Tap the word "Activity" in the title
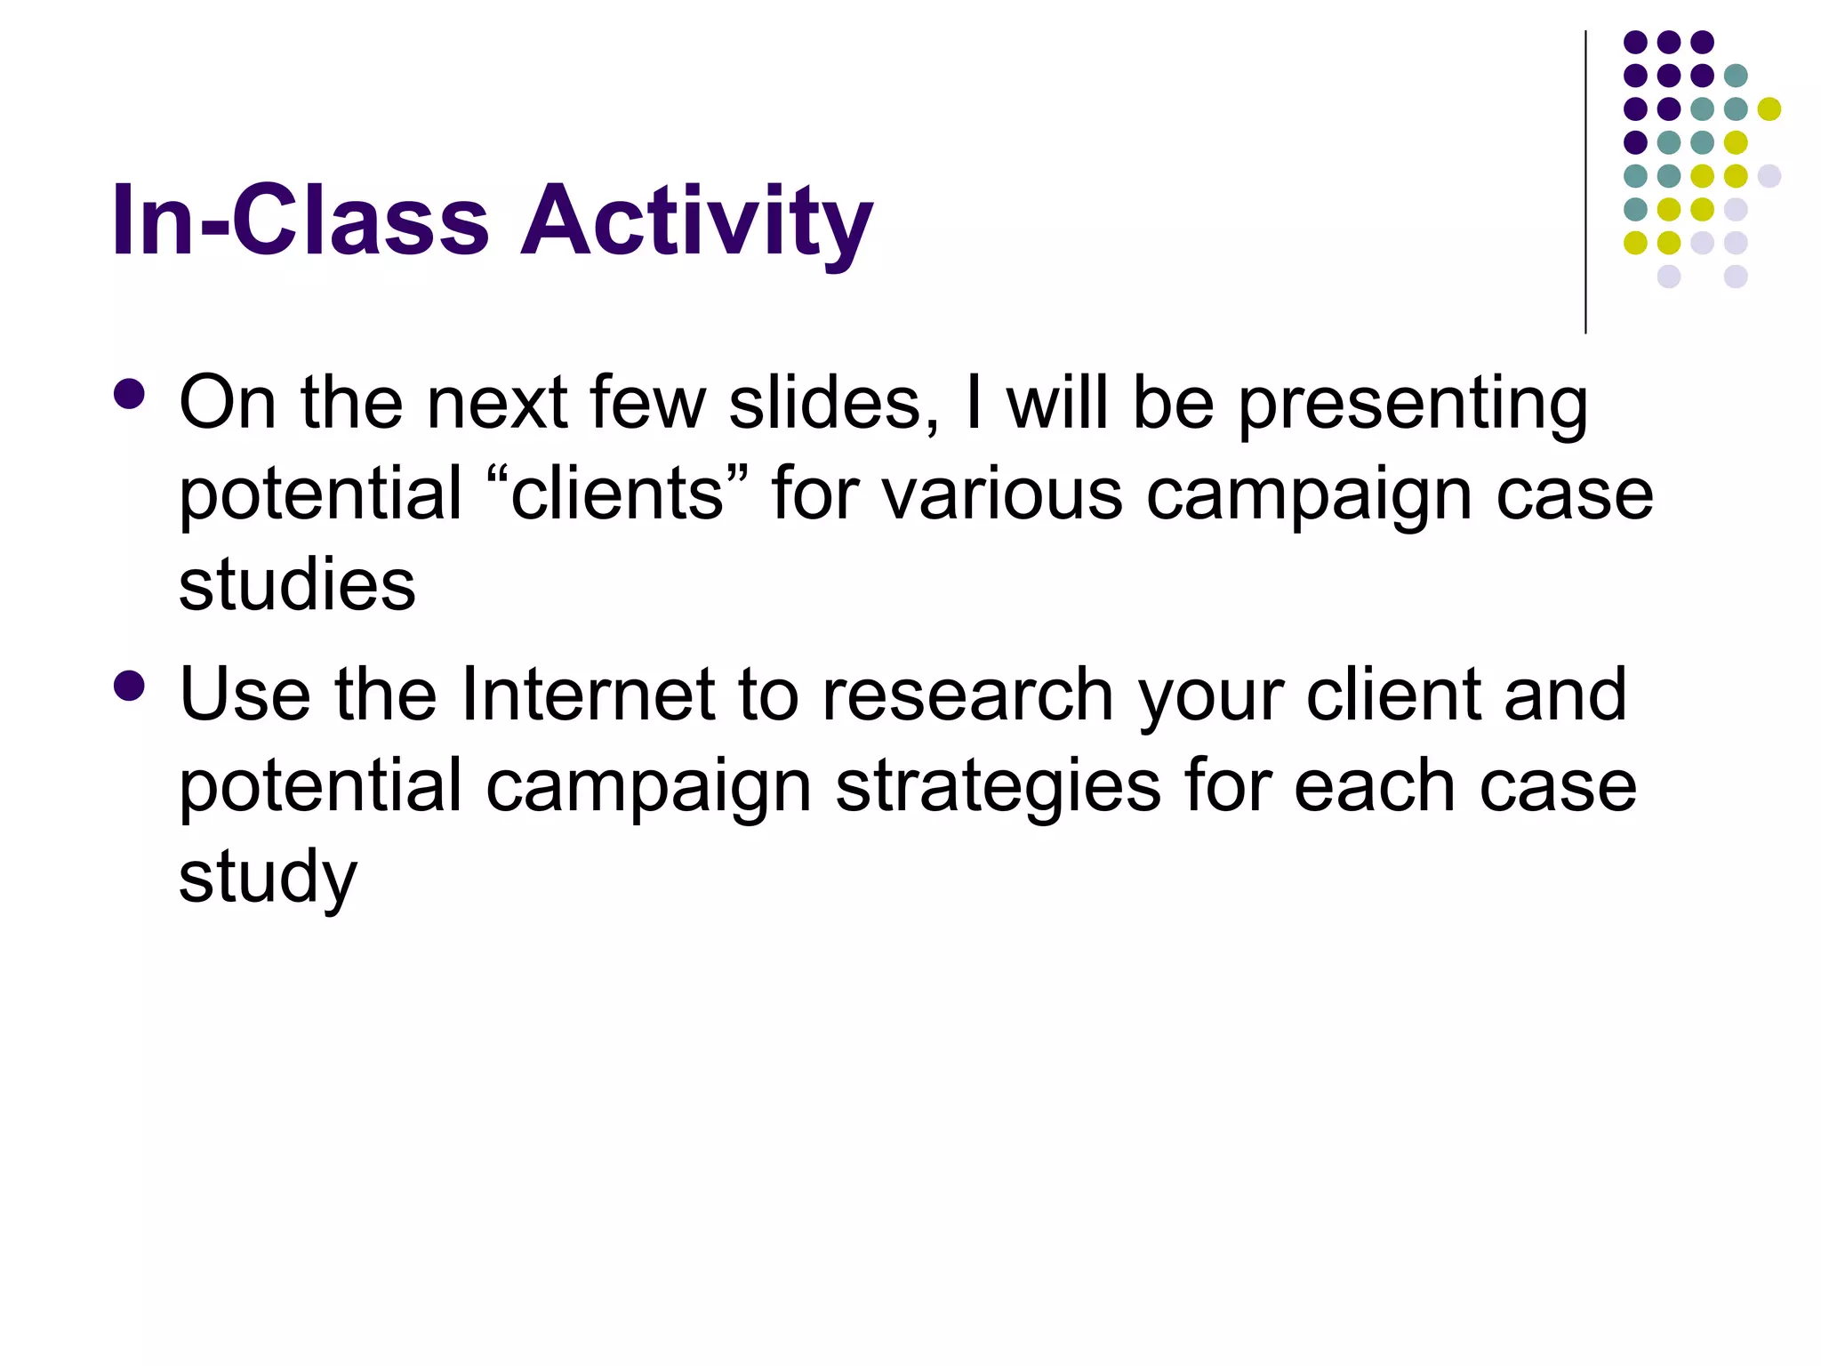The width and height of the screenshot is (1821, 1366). (696, 221)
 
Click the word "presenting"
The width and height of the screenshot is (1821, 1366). (1413, 406)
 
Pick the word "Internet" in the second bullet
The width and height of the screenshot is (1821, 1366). (588, 695)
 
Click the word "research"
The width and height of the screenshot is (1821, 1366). (967, 695)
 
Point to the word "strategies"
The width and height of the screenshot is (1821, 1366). (998, 788)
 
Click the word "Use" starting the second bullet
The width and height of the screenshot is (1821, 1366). (245, 695)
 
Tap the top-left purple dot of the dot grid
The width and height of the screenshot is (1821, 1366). (1635, 42)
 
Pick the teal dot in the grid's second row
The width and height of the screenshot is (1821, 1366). (1736, 76)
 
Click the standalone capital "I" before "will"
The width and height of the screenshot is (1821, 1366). (974, 403)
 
